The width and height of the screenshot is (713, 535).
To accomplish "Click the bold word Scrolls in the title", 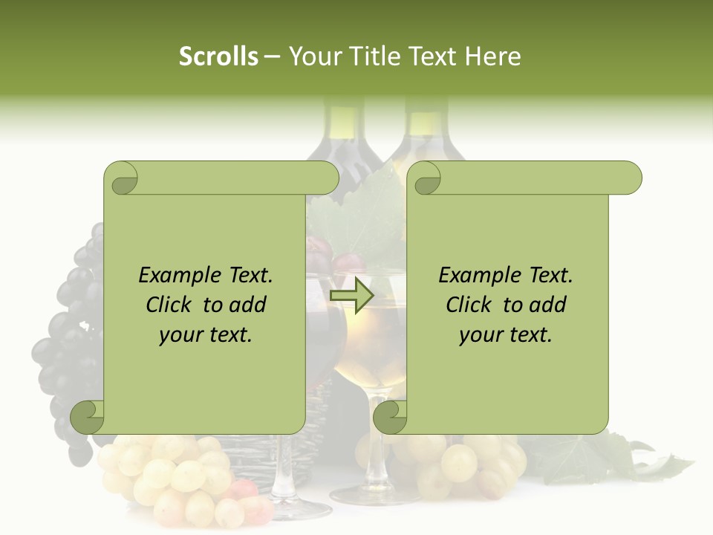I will pyautogui.click(x=218, y=56).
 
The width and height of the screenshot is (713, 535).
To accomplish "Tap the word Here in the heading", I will pyautogui.click(x=492, y=56).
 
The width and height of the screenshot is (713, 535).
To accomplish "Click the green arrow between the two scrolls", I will pyautogui.click(x=351, y=296).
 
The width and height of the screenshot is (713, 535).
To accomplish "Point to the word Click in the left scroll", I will pyautogui.click(x=171, y=305).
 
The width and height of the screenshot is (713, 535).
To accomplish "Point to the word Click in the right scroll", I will pyautogui.click(x=471, y=305).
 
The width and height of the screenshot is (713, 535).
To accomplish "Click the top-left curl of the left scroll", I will pyautogui.click(x=121, y=178).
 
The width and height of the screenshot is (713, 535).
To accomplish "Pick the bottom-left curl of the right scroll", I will pyautogui.click(x=389, y=417).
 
